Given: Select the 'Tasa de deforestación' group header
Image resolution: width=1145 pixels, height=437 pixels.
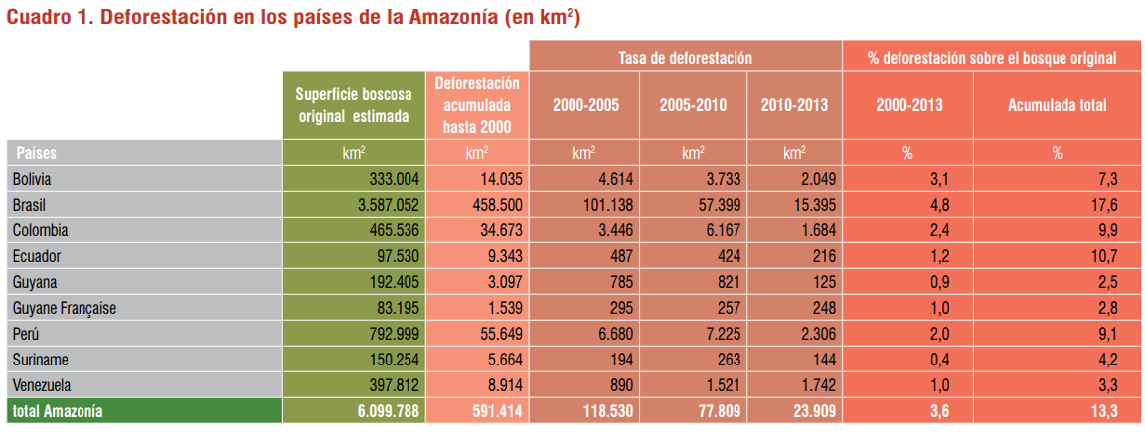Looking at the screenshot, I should coord(685,59).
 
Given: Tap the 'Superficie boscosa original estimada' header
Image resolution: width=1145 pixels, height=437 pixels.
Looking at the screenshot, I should coord(353,104).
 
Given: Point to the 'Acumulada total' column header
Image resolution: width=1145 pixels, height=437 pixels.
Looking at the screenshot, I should coord(1057,104).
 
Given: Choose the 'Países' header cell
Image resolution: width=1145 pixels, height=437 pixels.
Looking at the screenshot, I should coord(37,153).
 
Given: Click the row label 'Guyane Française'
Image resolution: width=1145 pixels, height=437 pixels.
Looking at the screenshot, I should coord(65,308).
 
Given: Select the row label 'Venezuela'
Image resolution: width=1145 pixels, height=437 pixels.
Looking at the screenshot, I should coord(43,385).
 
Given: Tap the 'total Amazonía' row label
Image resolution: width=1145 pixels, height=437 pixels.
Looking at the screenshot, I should coord(58,410).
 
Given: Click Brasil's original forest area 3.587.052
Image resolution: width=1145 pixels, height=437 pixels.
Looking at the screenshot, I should coord(383,205).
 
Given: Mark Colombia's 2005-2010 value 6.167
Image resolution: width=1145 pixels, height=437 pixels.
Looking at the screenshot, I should coord(710,230).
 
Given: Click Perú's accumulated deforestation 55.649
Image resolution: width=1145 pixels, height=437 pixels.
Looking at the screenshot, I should coord(490,334).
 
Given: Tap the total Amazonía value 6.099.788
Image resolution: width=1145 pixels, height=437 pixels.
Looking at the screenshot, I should coord(383,410).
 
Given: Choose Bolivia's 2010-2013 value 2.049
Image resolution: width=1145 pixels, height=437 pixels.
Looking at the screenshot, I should coord(815,179).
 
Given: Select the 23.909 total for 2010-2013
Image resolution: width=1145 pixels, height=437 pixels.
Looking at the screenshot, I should coord(811,410).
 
